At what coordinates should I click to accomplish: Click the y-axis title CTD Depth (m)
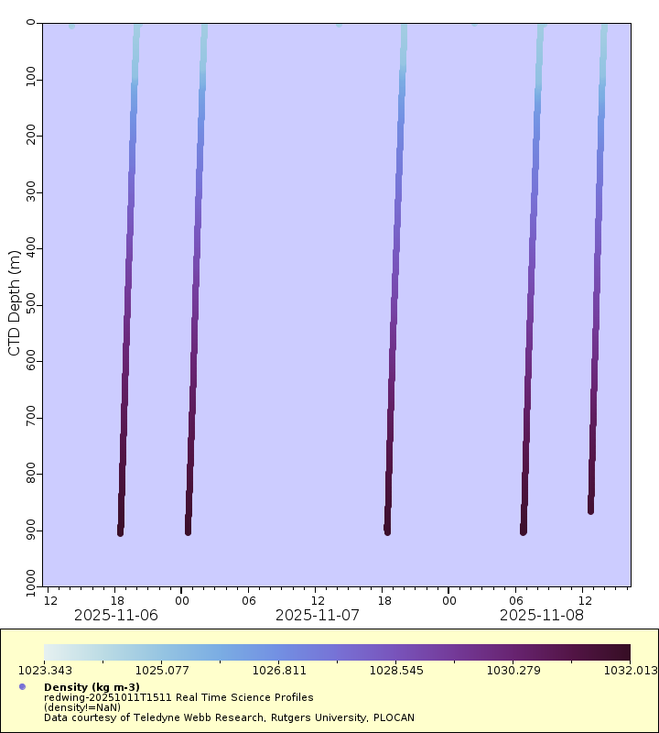tap(14, 301)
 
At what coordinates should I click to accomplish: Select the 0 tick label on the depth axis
tap(31, 22)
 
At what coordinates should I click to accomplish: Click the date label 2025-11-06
tap(116, 615)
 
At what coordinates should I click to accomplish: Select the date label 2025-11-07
tap(317, 615)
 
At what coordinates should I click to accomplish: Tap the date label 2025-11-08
tap(541, 615)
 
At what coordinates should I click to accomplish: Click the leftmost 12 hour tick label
tap(50, 599)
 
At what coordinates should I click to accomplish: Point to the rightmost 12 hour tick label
tap(583, 599)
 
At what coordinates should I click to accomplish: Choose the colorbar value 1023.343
tap(44, 670)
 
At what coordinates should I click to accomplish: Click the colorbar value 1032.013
tap(630, 670)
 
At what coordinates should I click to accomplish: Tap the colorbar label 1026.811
tap(278, 670)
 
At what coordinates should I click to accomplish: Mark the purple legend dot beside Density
tap(22, 687)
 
